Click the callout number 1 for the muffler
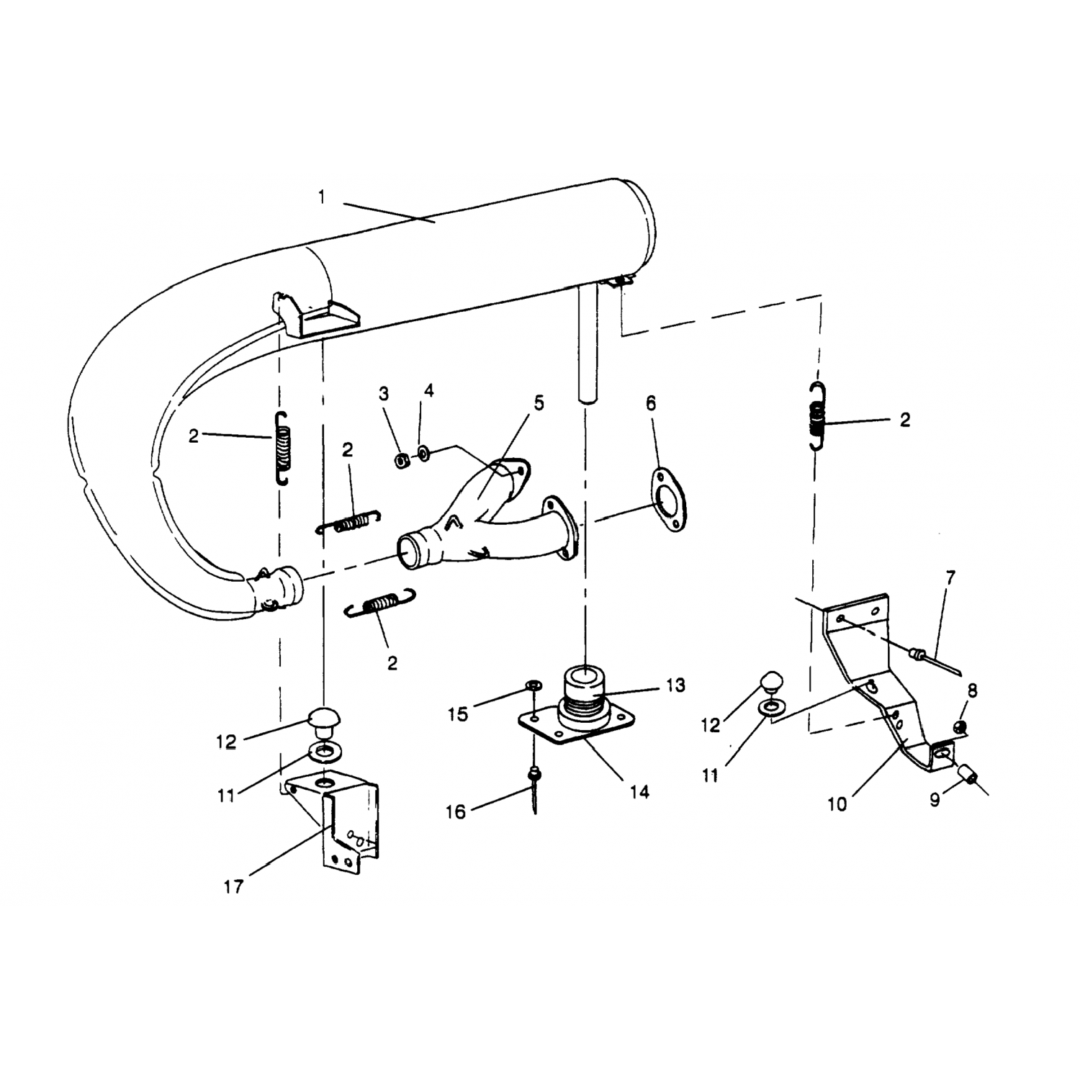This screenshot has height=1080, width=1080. tap(322, 197)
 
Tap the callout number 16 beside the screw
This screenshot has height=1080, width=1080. tap(456, 811)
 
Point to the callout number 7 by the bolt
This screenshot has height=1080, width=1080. tap(950, 577)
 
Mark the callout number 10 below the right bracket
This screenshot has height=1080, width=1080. tap(837, 804)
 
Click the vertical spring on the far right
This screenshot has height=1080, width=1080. tap(816, 416)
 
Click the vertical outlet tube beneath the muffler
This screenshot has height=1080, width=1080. tap(588, 343)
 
